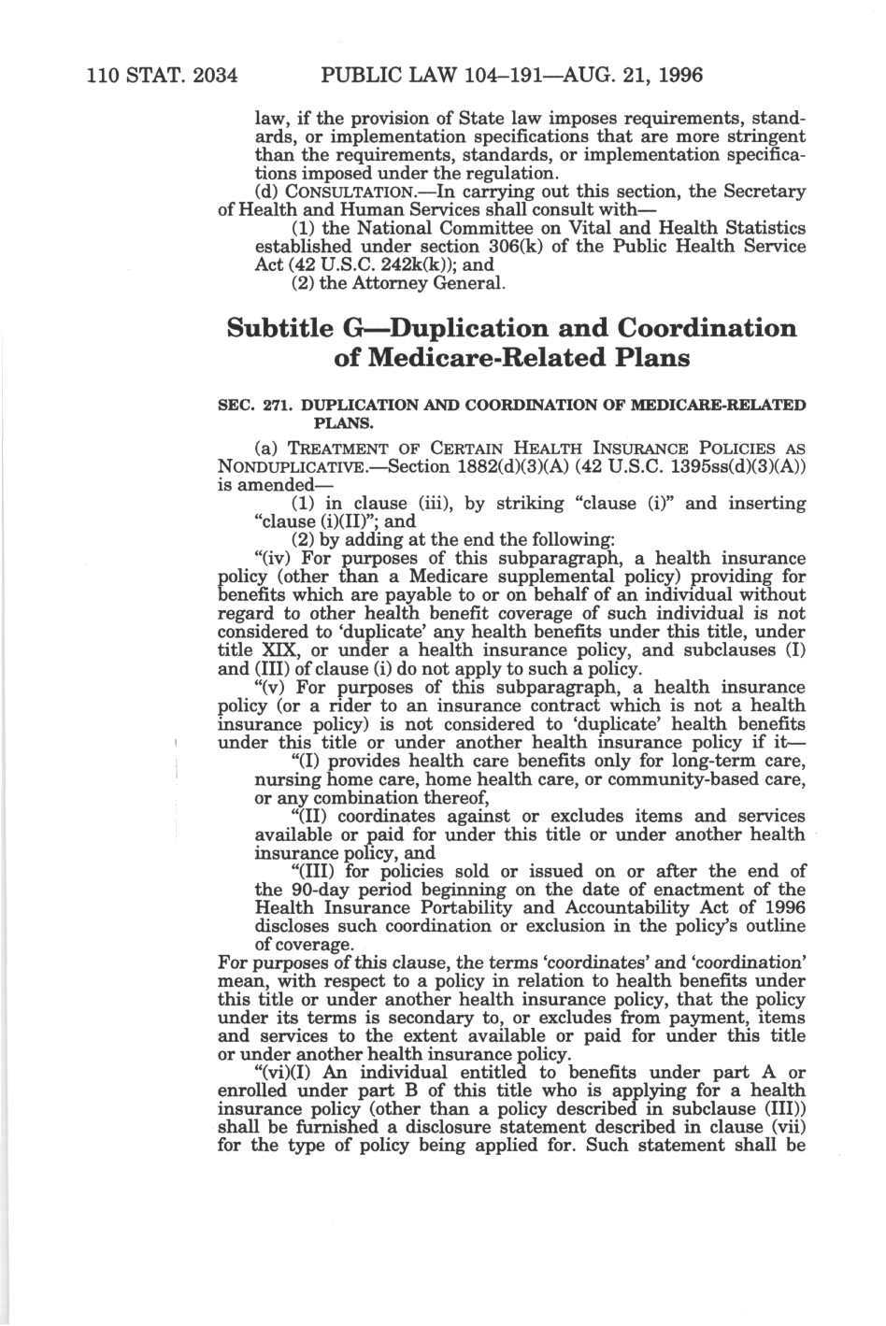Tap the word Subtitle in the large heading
point(280,329)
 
